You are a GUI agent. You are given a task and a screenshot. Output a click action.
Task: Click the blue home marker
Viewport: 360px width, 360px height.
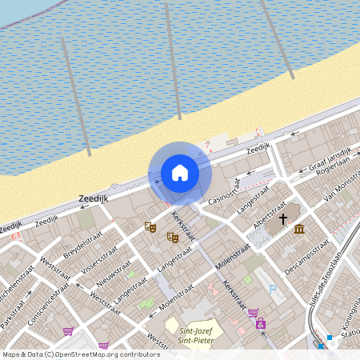180,173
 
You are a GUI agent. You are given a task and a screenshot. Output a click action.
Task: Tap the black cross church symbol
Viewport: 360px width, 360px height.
283,218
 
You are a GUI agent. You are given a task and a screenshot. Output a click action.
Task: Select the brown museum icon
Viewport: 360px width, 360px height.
298,230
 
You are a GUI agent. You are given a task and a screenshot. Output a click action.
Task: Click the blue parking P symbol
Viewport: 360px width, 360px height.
273,290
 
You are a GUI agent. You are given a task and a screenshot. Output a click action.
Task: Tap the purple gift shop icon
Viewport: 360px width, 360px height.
260,323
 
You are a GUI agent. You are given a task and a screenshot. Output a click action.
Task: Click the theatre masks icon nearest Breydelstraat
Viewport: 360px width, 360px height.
150,227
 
